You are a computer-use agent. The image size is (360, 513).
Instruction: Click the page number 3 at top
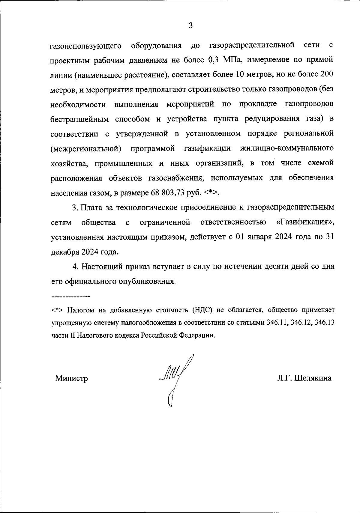191,26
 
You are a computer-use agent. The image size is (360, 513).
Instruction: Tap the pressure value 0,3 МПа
222,60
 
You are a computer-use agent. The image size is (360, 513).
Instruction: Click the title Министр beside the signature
71,378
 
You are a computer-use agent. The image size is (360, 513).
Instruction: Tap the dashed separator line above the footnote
71,297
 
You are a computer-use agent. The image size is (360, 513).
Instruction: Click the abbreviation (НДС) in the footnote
202,310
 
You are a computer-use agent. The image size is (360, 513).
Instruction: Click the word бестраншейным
79,119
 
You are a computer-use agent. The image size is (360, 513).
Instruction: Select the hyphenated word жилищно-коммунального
287,148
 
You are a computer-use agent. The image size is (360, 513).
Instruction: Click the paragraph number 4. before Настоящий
76,267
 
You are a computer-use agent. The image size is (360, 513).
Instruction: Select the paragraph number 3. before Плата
76,208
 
